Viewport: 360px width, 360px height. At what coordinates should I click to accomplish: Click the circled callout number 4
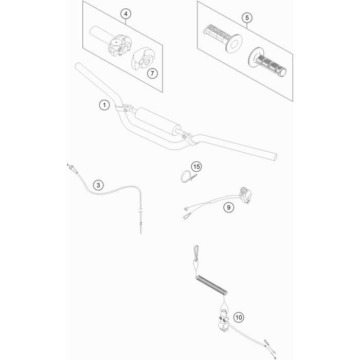tap(125, 14)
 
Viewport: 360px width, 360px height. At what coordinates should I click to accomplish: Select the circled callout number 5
tap(247, 17)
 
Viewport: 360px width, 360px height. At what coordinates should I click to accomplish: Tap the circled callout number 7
tap(152, 74)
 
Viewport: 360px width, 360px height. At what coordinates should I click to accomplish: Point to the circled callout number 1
tap(104, 105)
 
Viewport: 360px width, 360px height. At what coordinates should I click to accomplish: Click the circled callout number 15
tap(196, 167)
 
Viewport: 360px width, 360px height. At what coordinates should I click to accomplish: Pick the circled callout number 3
tap(98, 185)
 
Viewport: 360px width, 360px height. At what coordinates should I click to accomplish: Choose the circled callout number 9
tap(228, 207)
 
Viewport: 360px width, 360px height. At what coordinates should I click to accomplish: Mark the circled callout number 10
tap(239, 317)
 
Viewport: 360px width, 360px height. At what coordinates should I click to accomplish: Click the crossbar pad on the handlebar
tap(157, 121)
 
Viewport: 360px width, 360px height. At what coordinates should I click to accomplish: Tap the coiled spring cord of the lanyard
tap(212, 285)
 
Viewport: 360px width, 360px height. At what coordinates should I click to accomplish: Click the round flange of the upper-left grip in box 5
tap(234, 44)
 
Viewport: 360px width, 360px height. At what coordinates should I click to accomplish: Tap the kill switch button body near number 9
tap(245, 195)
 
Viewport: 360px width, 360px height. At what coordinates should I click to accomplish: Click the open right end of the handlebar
tap(274, 157)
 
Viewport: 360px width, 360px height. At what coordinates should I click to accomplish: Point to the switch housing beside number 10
tap(223, 320)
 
